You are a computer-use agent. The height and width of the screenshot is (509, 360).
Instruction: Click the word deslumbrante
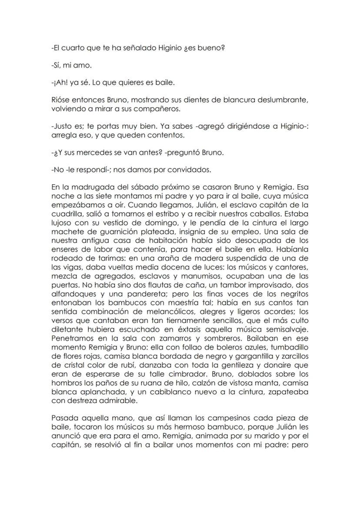283,100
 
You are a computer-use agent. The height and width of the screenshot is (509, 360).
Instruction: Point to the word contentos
164,135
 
